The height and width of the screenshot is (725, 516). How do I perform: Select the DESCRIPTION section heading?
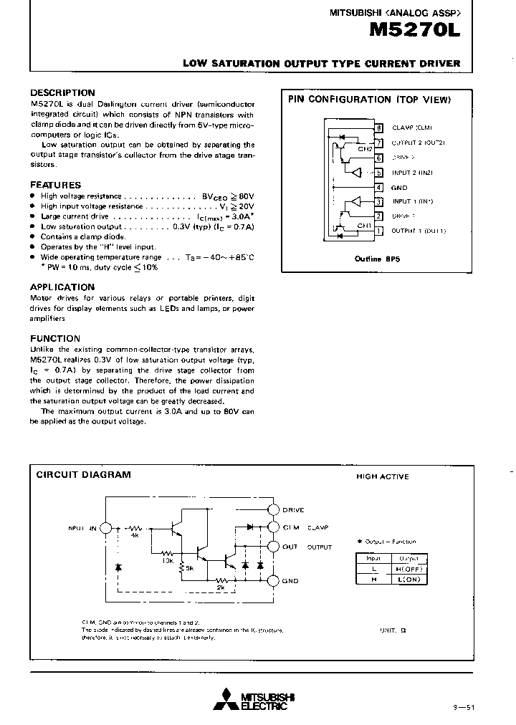click(x=62, y=92)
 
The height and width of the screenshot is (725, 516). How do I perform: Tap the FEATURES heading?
click(x=55, y=185)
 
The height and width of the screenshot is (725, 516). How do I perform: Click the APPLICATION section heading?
click(x=62, y=287)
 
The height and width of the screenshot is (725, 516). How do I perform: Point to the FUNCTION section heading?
click(x=55, y=338)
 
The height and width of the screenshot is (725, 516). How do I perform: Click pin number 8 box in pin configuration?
click(x=379, y=128)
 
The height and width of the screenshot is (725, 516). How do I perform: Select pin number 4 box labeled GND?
click(x=379, y=187)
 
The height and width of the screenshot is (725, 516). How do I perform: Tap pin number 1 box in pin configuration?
click(x=379, y=231)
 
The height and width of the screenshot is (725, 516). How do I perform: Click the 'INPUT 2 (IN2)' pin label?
click(x=413, y=173)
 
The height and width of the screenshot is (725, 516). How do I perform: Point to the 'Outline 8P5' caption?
click(x=376, y=258)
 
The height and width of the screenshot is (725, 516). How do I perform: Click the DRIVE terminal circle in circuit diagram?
click(x=272, y=509)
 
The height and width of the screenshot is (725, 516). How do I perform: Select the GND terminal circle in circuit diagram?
click(x=272, y=580)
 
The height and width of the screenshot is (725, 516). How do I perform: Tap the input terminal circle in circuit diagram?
click(x=106, y=527)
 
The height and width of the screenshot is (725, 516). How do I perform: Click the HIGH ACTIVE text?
click(x=382, y=476)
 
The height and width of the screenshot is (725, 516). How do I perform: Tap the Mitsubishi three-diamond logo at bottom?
click(x=231, y=699)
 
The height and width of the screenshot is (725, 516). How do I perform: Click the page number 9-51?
click(x=464, y=706)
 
